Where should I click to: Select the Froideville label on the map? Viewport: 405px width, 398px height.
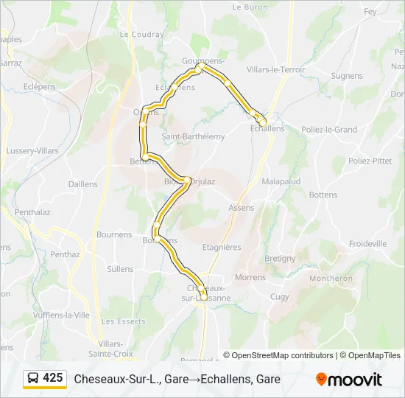pyautogui.click(x=367, y=243)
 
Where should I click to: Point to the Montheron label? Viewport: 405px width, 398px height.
pyautogui.click(x=331, y=279)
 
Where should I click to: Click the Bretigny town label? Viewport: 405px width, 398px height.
pyautogui.click(x=280, y=259)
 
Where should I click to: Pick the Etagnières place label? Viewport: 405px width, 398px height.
pyautogui.click(x=221, y=248)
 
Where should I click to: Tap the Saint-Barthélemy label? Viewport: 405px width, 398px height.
pyautogui.click(x=193, y=136)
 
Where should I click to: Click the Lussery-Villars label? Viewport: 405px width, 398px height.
pyautogui.click(x=32, y=150)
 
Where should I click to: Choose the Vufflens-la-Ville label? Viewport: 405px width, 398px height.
pyautogui.click(x=61, y=315)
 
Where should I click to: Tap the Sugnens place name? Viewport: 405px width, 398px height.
pyautogui.click(x=347, y=76)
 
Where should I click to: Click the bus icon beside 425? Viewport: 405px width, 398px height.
pyautogui.click(x=33, y=379)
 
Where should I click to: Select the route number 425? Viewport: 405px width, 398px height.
pyautogui.click(x=52, y=378)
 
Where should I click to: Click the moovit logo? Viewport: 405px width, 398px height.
pyautogui.click(x=349, y=380)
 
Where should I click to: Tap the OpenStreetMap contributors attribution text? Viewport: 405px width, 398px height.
pyautogui.click(x=283, y=355)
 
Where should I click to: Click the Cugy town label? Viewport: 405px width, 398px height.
pyautogui.click(x=280, y=296)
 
